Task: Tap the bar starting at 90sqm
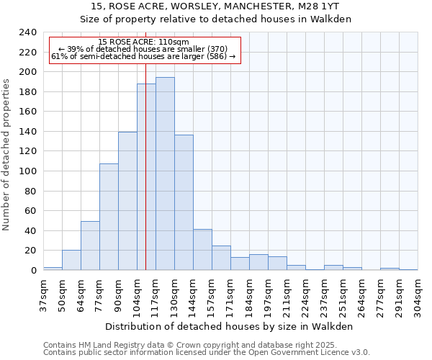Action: (127, 201)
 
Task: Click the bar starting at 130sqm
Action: (184, 202)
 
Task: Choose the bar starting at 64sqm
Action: (90, 246)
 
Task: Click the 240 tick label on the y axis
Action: (27, 32)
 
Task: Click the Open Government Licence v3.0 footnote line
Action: (206, 353)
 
